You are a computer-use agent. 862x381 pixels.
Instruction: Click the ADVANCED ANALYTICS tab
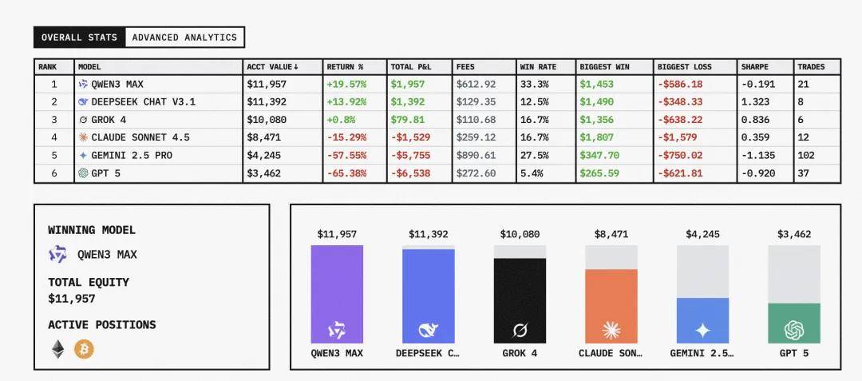[184, 38]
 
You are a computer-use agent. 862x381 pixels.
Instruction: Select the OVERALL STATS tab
[79, 38]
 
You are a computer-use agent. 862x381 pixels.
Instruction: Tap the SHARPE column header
[754, 67]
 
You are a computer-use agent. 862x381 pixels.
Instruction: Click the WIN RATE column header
[538, 67]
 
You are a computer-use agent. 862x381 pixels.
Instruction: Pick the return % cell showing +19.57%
[346, 84]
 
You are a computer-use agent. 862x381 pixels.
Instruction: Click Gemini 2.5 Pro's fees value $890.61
[476, 155]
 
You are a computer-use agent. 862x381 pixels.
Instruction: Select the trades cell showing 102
[807, 155]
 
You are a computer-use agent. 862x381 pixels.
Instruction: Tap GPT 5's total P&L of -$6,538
[410, 173]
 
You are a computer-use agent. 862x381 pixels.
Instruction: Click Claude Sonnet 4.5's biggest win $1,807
[597, 137]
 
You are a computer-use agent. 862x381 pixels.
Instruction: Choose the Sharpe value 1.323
[755, 102]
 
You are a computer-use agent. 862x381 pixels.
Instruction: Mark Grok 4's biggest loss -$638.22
[680, 120]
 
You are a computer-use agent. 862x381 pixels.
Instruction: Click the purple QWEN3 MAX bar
[337, 294]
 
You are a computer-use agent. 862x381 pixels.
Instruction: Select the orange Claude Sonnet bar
[611, 306]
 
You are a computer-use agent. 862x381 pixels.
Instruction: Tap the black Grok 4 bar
[520, 300]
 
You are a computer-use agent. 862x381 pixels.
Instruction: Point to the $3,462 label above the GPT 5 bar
[794, 234]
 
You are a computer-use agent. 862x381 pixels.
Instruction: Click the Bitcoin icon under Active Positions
[84, 349]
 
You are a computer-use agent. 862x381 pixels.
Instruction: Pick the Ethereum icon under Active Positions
[58, 349]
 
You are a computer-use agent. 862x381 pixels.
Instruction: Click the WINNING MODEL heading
[92, 230]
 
